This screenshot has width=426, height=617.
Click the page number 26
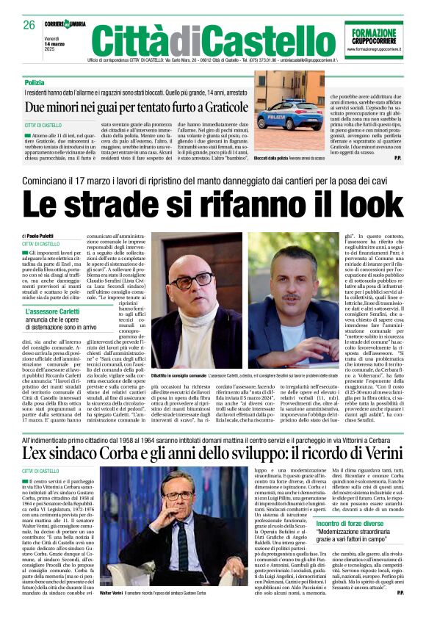coord(29,25)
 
